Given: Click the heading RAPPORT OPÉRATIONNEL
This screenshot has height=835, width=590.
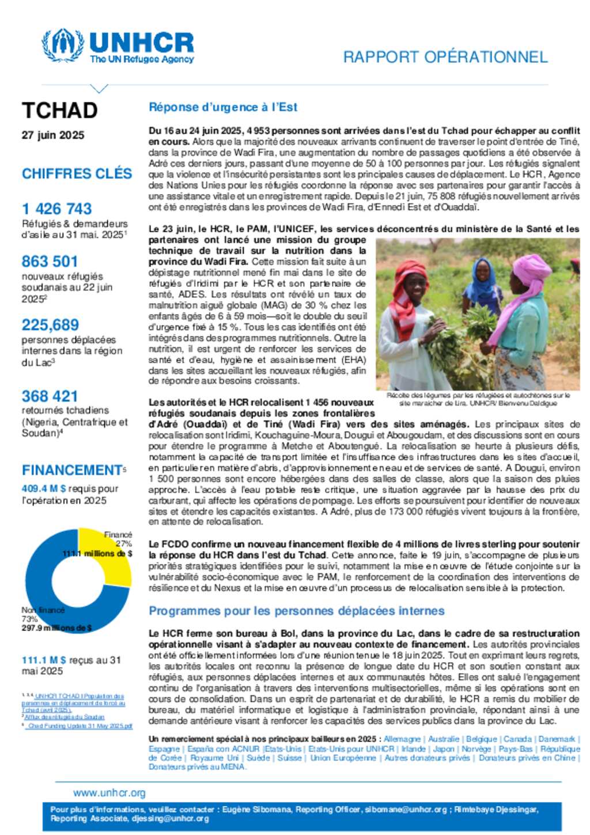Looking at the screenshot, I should pos(445,57).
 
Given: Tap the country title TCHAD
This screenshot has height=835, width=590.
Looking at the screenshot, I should pos(59,111).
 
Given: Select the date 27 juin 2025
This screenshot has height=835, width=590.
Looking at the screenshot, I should pos(53,135).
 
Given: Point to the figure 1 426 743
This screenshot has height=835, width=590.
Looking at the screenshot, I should pos(56,209).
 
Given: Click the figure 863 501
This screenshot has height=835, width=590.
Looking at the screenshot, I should pos(50,261).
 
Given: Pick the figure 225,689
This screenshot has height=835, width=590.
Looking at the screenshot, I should pos(50,325).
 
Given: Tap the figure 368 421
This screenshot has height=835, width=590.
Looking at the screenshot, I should pos(50,396).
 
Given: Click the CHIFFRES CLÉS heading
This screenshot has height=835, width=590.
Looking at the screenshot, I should pos(77,173).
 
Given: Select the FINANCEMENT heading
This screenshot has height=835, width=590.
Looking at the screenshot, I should pos(72,470).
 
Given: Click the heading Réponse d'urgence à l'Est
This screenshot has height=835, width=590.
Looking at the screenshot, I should pos(223,107).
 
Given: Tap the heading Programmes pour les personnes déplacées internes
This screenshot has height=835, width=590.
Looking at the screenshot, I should pos(297,611).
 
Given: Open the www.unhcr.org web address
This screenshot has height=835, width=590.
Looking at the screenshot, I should pos(109,793).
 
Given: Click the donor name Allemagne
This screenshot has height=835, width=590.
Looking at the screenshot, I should pos(402,739).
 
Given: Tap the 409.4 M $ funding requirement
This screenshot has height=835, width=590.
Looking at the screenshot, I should pos(44,489).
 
